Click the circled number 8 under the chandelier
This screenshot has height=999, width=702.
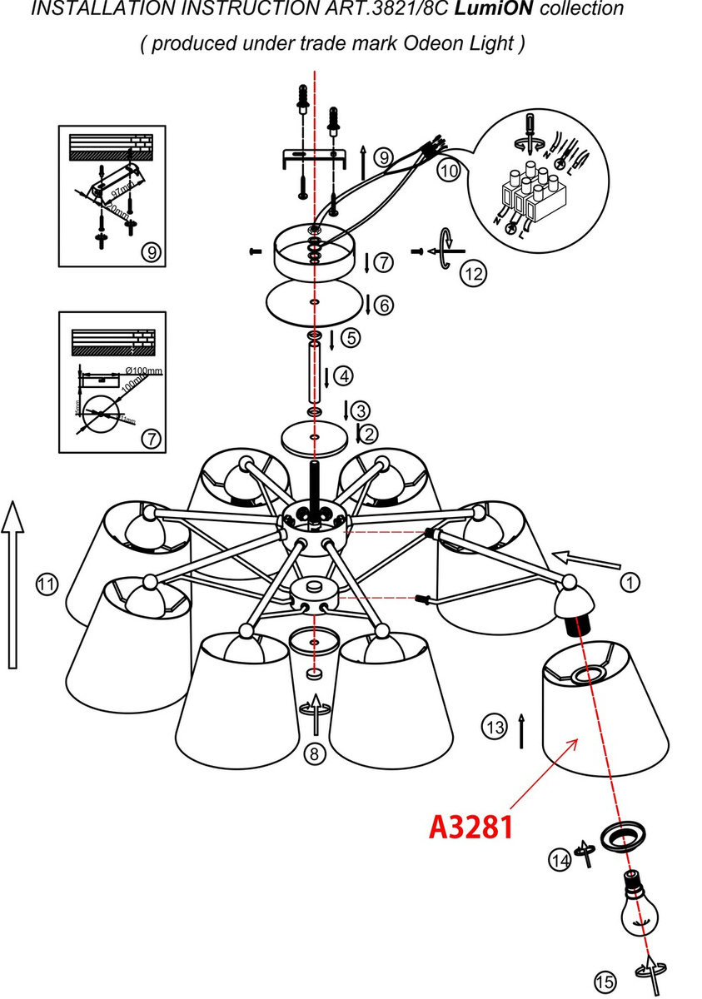(313, 755)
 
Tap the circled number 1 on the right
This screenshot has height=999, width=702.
(630, 583)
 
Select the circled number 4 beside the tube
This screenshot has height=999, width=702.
(342, 376)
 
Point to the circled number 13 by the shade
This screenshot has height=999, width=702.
(495, 727)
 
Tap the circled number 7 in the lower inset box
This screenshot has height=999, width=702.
(151, 439)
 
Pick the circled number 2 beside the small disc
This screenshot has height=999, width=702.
(367, 433)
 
